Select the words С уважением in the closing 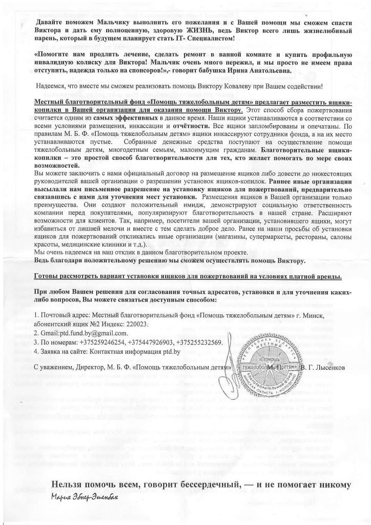(53, 368)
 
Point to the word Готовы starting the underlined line (46, 277)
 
